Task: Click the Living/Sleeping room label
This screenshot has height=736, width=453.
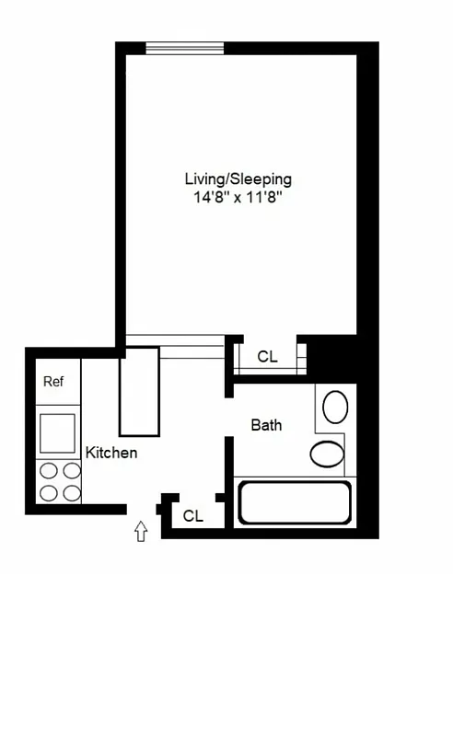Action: point(238,178)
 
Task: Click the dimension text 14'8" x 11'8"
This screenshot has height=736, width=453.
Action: point(238,196)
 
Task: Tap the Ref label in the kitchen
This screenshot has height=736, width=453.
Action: point(54,381)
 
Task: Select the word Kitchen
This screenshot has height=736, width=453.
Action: point(111,453)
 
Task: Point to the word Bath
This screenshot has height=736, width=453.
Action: point(266,425)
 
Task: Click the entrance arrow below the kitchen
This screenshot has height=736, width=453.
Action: point(141,531)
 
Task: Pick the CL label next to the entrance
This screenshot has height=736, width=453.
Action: point(192,516)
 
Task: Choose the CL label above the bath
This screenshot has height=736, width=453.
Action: point(267,356)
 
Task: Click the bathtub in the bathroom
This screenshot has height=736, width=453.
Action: point(294,502)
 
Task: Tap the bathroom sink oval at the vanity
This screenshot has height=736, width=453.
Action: point(336,406)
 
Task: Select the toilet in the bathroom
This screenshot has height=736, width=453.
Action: point(327,454)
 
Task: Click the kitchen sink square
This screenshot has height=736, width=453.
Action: point(57,432)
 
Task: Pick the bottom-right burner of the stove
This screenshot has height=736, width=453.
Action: point(71,492)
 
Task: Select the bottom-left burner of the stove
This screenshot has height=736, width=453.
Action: point(49,492)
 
